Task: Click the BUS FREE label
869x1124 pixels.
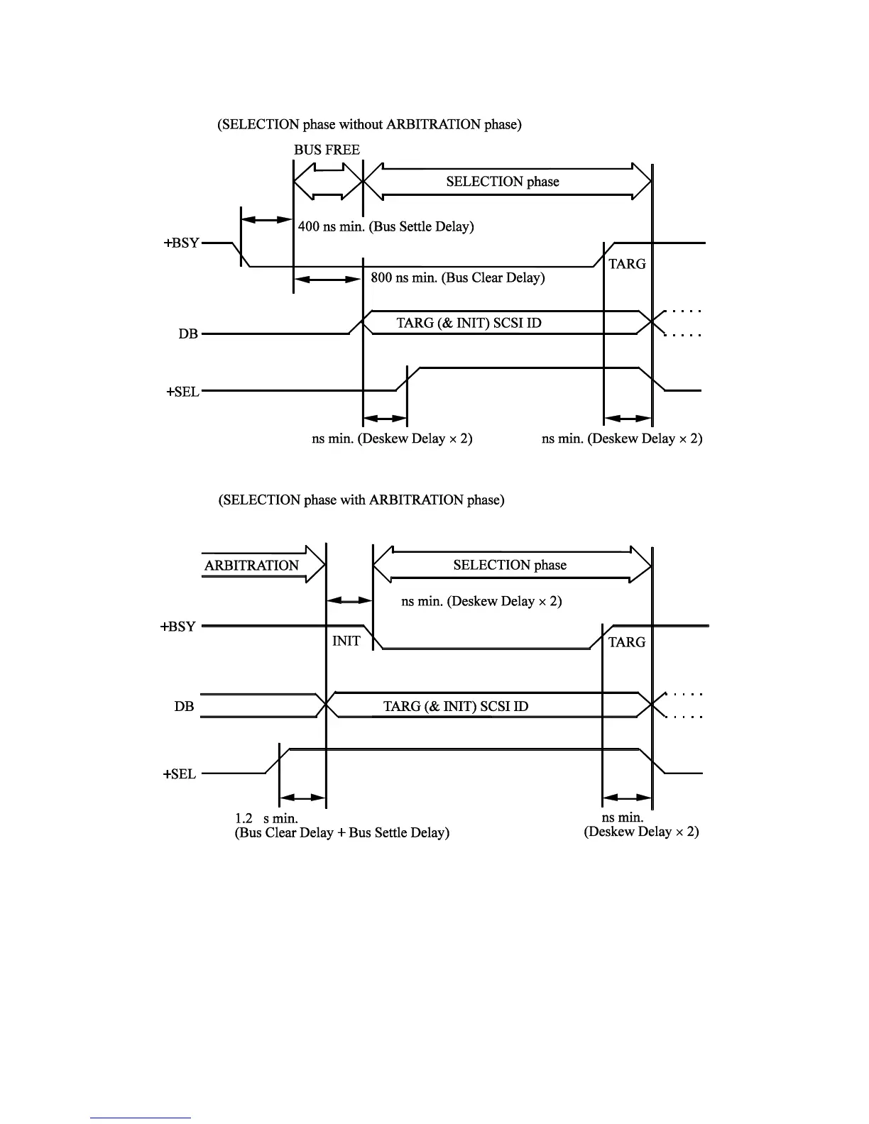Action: tap(327, 150)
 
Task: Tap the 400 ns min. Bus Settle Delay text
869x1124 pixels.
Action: tap(386, 226)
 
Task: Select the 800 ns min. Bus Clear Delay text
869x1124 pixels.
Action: tap(458, 277)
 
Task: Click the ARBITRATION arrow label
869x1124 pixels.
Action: tap(251, 566)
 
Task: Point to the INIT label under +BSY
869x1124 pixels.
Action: tap(346, 641)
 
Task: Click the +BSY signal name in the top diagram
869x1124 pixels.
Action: tap(182, 243)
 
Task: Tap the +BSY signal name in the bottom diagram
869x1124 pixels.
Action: tap(177, 627)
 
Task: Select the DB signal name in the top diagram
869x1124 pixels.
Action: tap(188, 334)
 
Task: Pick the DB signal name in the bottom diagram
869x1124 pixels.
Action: tap(184, 707)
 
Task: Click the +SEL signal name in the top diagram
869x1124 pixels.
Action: tap(182, 392)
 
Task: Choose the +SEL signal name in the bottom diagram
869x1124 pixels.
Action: tap(179, 774)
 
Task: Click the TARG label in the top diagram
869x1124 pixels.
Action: tap(627, 264)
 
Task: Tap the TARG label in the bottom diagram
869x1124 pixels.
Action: tap(627, 642)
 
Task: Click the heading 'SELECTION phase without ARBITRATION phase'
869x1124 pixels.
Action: tap(369, 124)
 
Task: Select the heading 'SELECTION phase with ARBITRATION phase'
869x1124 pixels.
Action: tap(361, 500)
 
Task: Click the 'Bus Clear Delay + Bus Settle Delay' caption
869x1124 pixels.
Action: tap(341, 832)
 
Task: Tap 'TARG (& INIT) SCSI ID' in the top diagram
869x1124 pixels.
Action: tap(469, 323)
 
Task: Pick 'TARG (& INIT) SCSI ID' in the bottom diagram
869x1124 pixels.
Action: tap(456, 706)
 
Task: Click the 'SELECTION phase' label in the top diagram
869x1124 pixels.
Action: tap(503, 182)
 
